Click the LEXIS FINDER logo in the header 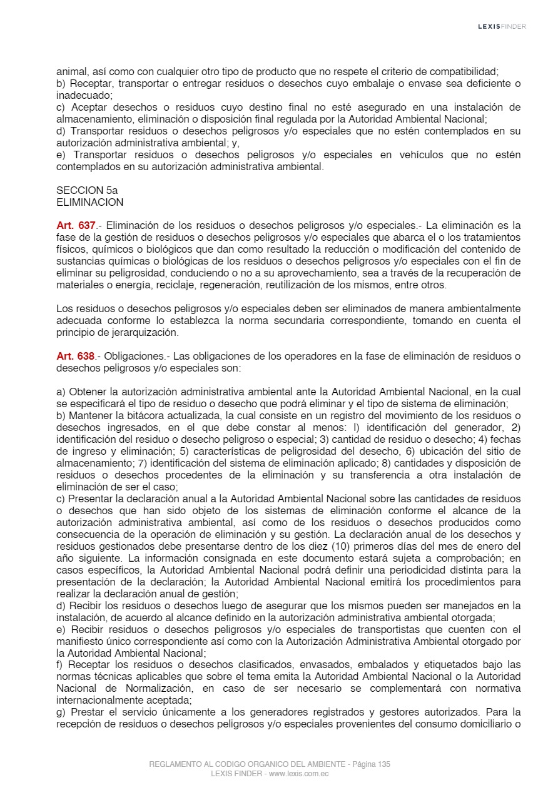(x=502, y=26)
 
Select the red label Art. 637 (x=76, y=226)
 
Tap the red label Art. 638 (x=76, y=357)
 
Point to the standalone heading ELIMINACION (x=89, y=203)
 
